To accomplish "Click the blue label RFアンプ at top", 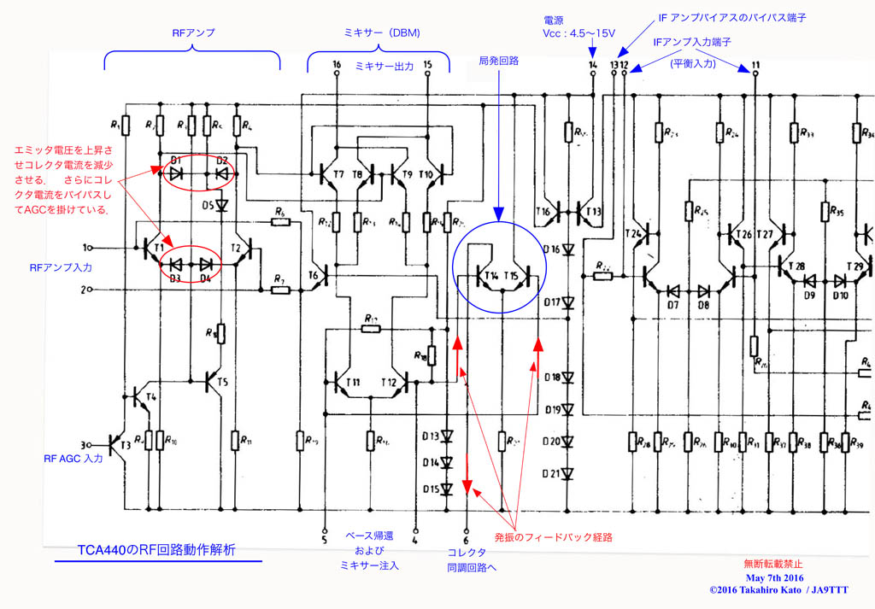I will [x=193, y=32].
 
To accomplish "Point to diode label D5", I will [x=208, y=205].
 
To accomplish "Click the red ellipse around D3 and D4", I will [x=191, y=264].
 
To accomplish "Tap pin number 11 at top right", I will [x=755, y=65].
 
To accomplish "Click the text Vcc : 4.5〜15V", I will [x=578, y=32].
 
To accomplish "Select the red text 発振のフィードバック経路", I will [x=554, y=537].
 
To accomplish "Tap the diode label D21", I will [x=553, y=473].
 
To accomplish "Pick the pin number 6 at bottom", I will [x=467, y=540].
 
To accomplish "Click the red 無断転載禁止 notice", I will [x=773, y=564].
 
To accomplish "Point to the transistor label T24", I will [x=633, y=233].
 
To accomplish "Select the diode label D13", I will [x=429, y=436].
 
